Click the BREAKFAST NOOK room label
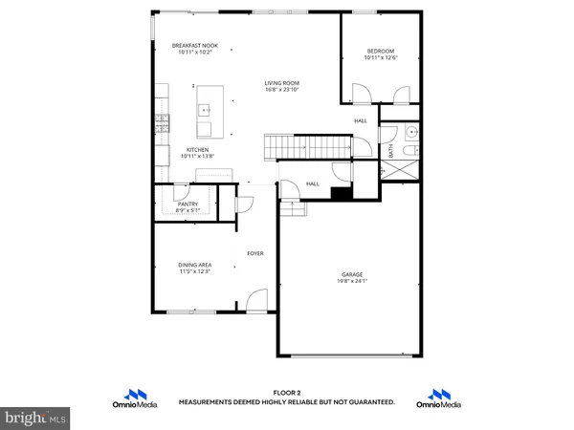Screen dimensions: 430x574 [x=193, y=46]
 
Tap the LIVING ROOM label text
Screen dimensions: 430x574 [x=282, y=83]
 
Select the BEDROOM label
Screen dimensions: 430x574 [x=381, y=52]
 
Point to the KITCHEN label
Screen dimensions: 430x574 [x=198, y=150]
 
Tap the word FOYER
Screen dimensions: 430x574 [x=254, y=253]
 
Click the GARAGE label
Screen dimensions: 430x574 [x=352, y=274]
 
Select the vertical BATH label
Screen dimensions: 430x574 [x=390, y=151]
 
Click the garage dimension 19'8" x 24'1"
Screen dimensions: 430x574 [x=352, y=281]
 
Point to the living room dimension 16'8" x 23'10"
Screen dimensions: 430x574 [x=282, y=90]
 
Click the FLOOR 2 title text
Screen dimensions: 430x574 [x=286, y=393]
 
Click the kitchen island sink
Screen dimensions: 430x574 [x=205, y=110]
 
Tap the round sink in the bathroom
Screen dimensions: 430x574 [x=411, y=133]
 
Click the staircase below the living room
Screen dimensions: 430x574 [x=306, y=146]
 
